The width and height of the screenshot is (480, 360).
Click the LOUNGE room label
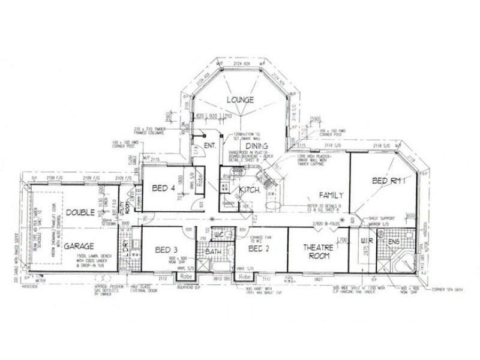click(240, 99)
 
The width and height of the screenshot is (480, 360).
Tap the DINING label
click(256, 146)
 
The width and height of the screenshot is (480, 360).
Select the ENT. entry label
click(210, 146)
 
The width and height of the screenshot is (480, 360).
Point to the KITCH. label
click(249, 190)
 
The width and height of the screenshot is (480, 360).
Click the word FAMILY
click(331, 195)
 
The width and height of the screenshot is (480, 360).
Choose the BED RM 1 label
click(389, 180)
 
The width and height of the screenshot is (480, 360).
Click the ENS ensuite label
click(394, 242)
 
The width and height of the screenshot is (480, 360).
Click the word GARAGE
click(83, 246)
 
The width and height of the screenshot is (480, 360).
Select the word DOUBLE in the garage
click(80, 212)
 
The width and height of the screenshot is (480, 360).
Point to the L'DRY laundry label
click(125, 246)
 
